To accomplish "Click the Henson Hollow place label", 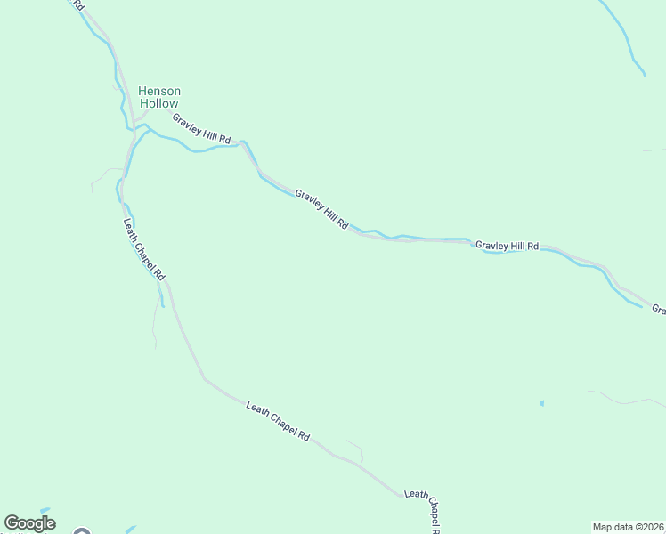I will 158,97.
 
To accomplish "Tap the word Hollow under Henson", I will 158,104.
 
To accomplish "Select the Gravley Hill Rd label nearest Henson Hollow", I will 202,129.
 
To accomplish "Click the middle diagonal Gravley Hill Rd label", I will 321,209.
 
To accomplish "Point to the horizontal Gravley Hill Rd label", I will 507,245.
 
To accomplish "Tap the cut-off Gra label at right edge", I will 659,310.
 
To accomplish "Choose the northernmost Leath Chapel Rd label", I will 143,250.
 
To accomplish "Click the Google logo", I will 29,523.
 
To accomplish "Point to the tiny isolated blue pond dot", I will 541,403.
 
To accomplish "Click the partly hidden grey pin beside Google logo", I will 82,532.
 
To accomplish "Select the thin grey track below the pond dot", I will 623,400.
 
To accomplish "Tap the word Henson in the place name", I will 158,91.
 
